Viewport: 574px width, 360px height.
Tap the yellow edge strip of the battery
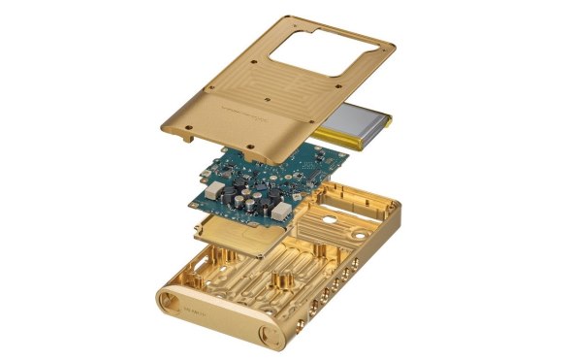[x=390, y=120]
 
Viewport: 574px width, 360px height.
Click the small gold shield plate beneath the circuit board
[x=229, y=233]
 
